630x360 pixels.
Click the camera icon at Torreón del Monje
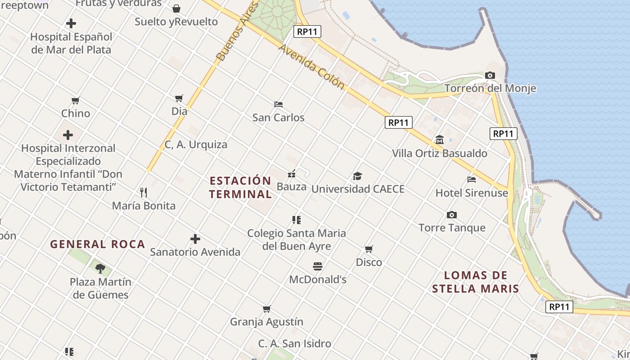(x=490, y=76)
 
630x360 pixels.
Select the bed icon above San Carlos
(x=279, y=104)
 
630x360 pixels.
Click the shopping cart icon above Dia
(x=179, y=98)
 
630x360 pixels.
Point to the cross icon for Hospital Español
(x=71, y=23)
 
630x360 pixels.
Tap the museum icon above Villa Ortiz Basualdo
(x=440, y=140)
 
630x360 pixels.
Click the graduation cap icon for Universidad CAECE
(x=357, y=176)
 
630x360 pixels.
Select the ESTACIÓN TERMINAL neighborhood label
(x=241, y=187)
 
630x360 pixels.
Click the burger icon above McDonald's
(x=318, y=266)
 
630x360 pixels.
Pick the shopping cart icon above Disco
(x=369, y=249)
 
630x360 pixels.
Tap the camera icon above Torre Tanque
(x=452, y=215)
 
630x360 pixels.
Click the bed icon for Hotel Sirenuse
(x=472, y=180)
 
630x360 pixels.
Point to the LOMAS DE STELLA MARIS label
(x=476, y=282)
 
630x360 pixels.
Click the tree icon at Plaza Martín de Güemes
(x=100, y=269)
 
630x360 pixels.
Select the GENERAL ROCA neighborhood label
(x=98, y=244)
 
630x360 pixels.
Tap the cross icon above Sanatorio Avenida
(x=195, y=239)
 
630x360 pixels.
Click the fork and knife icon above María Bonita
(x=144, y=193)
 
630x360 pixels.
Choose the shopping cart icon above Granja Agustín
(x=267, y=309)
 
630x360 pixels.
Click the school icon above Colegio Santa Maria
(x=296, y=220)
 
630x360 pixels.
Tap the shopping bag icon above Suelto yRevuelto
(x=176, y=9)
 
